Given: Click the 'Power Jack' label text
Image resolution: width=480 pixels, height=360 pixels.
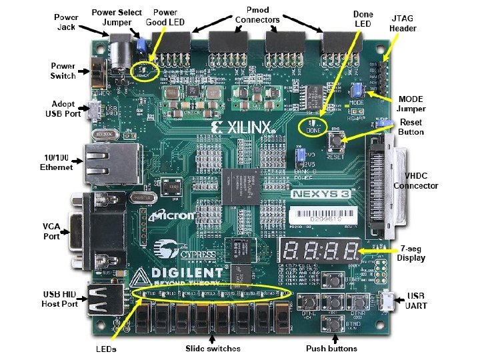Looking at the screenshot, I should (65, 21).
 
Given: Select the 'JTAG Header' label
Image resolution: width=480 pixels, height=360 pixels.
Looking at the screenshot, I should (403, 24).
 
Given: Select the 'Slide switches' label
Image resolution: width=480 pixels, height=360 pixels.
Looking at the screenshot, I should (213, 349).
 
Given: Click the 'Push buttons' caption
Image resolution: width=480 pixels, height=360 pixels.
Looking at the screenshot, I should (331, 349).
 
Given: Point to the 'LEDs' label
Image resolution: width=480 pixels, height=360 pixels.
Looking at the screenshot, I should (105, 349).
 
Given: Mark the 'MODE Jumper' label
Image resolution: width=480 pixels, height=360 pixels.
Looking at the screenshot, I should (411, 104).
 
